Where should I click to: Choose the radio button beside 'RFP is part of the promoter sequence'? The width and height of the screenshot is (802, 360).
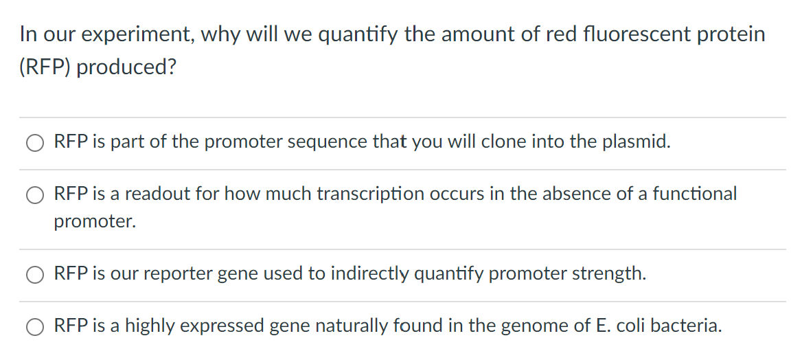point(35,143)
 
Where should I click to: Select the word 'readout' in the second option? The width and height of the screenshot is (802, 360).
point(156,194)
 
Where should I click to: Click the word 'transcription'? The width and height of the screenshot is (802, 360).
point(370,194)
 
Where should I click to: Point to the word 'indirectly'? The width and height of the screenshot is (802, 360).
point(369,273)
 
